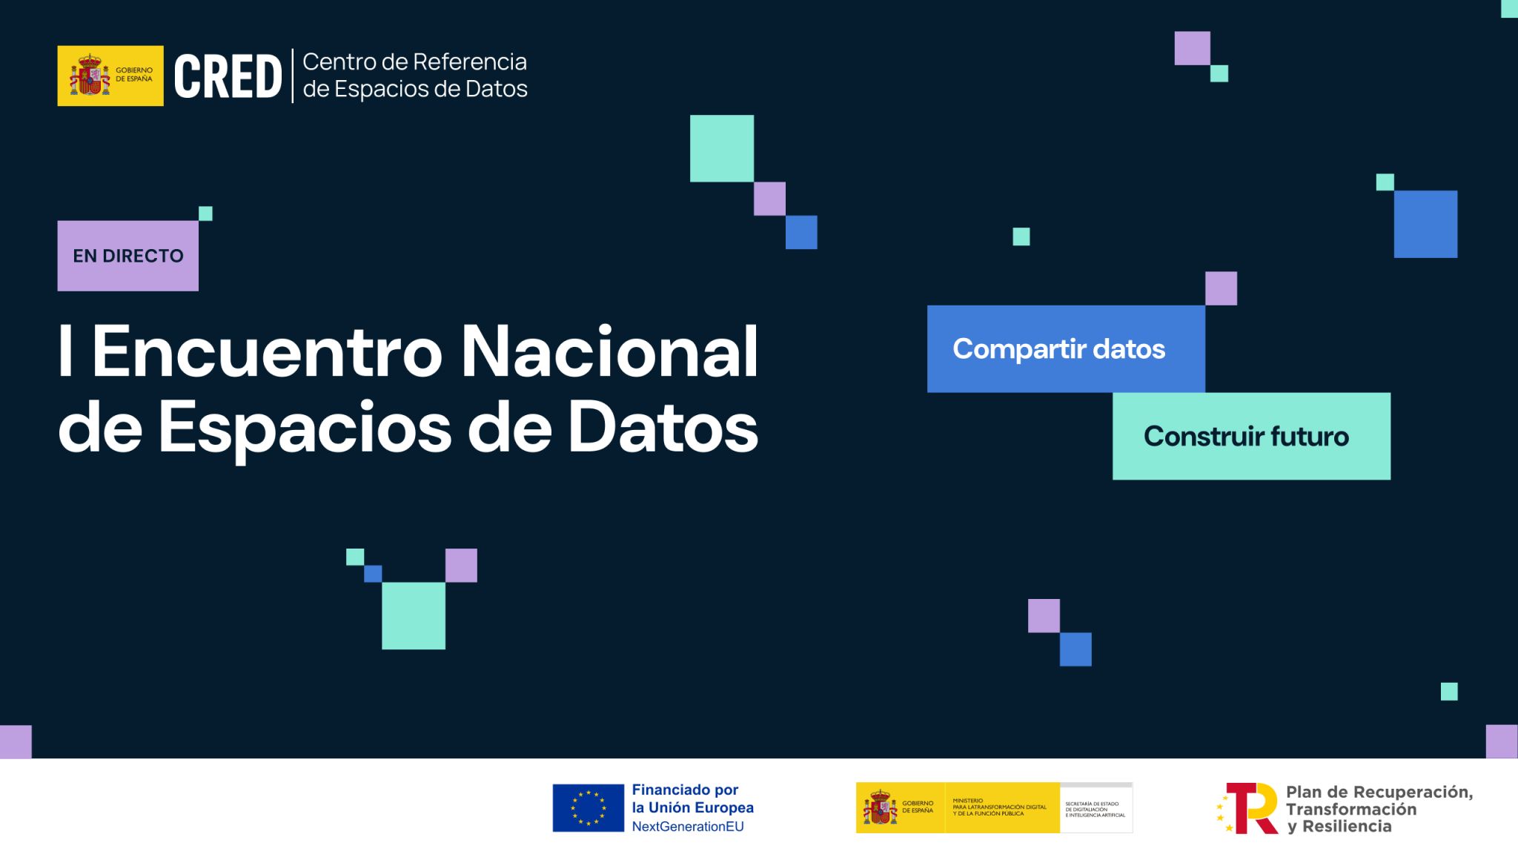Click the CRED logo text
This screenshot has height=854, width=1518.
228,76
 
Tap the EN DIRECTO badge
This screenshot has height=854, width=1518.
127,256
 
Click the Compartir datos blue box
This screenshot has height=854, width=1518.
1065,348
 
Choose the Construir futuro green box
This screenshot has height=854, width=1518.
1250,436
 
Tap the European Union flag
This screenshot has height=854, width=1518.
588,807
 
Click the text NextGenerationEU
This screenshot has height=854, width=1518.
687,827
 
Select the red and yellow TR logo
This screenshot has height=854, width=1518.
1247,808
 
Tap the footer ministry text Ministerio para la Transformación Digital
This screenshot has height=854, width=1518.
999,807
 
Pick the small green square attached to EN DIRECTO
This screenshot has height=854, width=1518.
205,213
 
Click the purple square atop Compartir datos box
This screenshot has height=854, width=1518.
1221,288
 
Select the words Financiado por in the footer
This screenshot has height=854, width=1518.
685,790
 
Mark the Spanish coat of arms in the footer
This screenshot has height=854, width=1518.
880,807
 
